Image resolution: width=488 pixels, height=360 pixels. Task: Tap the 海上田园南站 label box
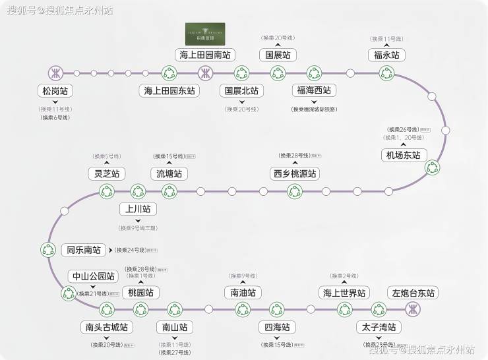(205, 55)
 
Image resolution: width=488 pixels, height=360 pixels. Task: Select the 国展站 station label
(278, 55)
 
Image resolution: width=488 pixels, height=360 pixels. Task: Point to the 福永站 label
(386, 55)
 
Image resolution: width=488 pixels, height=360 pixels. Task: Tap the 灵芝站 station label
(107, 174)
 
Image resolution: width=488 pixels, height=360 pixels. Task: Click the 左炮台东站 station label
(414, 293)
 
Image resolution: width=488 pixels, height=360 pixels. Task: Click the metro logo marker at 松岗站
(55, 73)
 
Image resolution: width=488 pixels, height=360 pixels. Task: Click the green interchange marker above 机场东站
(433, 167)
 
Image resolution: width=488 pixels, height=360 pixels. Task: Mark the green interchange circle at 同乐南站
(49, 250)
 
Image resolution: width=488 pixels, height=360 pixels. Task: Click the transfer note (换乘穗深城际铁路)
(313, 109)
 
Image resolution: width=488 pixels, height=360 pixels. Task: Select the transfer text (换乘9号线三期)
(138, 227)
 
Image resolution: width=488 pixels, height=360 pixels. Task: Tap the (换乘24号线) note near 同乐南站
(131, 251)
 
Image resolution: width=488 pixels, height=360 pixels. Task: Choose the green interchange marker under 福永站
(386, 73)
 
